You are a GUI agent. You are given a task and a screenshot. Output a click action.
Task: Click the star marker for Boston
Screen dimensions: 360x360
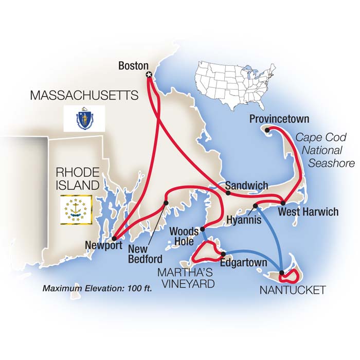coord(149,76)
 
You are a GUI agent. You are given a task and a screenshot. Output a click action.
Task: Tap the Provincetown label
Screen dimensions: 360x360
coord(279,119)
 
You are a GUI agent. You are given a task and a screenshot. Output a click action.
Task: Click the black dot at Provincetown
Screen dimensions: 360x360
coord(267,130)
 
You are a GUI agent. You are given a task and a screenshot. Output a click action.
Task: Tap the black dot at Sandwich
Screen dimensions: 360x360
coord(227,193)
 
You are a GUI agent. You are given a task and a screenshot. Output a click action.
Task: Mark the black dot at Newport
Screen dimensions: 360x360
coord(113,236)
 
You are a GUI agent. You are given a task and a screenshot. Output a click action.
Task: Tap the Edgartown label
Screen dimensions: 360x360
coord(243,263)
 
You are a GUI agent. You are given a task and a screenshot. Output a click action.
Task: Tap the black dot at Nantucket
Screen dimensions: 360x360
coord(282,273)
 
